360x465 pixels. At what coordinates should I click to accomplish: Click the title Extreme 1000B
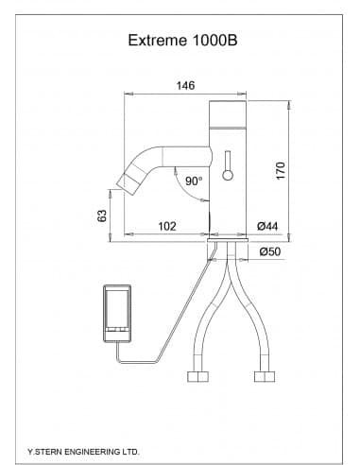(182, 41)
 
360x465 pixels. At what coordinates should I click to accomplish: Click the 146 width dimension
(185, 86)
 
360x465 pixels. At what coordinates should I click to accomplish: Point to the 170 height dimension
(281, 170)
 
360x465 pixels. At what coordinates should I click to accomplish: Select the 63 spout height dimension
(102, 215)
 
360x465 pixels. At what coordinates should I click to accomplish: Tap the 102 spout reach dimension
(167, 226)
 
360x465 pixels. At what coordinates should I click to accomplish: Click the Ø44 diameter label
(267, 226)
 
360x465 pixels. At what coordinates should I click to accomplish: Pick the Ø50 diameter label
(270, 251)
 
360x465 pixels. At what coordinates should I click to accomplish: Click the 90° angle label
(194, 181)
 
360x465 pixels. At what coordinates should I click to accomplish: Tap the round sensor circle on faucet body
(228, 175)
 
